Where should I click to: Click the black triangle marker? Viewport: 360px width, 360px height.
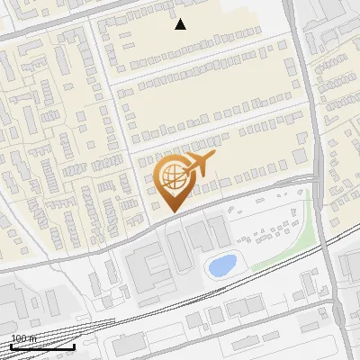click(181, 24)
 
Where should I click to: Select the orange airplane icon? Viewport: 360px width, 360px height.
click(199, 165)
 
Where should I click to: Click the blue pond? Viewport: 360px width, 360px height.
click(221, 265)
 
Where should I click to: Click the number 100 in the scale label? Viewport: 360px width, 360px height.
click(19, 338)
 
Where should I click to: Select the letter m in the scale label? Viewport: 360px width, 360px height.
click(32, 338)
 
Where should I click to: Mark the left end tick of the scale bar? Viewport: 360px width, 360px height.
click(11, 345)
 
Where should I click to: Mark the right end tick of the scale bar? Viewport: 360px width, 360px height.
click(74, 345)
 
